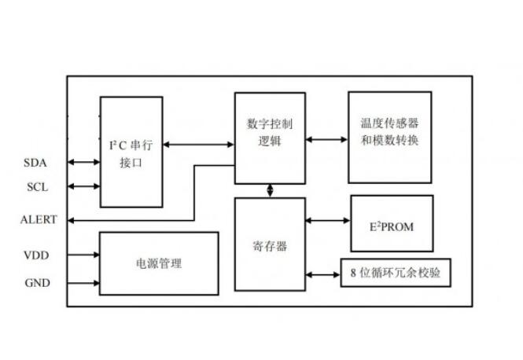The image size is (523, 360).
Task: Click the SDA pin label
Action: coord(35,163)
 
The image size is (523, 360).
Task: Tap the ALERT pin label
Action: coord(38,219)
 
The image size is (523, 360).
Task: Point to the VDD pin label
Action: coord(35,255)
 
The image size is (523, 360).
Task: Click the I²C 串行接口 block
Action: coord(131,151)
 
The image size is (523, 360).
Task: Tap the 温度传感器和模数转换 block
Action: coord(390,138)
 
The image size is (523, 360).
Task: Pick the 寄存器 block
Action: coord(270,244)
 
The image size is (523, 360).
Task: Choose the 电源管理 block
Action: coord(159,263)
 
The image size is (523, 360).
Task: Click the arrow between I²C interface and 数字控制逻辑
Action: coord(198,144)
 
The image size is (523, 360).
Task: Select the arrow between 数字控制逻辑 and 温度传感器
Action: coord(326,139)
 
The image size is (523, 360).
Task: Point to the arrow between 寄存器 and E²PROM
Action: coord(327,221)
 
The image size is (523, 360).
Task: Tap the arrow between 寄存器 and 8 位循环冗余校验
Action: coord(322,274)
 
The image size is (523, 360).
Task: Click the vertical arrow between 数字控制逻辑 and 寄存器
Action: coord(271,190)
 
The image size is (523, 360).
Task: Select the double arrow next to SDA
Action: coord(83,163)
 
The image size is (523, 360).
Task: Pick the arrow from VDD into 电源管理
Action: coord(83,255)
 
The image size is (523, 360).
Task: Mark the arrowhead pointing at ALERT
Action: coord(72,219)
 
